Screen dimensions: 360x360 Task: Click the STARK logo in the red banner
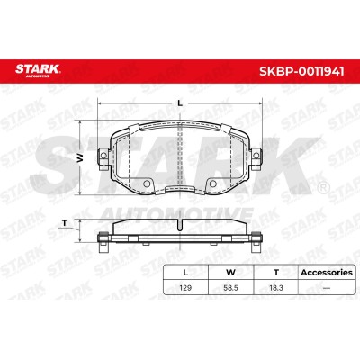click(x=38, y=70)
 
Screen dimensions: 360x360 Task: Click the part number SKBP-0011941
click(x=301, y=71)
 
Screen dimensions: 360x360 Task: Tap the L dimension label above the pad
click(x=180, y=103)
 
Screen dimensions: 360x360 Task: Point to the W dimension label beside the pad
click(x=79, y=157)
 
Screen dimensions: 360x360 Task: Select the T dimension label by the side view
click(x=64, y=223)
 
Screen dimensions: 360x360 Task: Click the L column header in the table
click(x=185, y=273)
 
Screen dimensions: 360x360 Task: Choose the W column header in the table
click(x=230, y=273)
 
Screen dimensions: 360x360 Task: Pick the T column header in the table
click(x=276, y=273)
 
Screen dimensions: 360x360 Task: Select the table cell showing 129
click(x=185, y=288)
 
